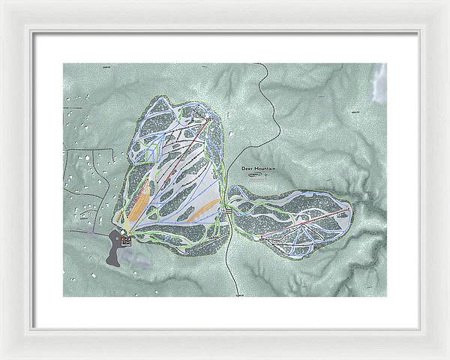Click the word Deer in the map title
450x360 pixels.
pos(248,169)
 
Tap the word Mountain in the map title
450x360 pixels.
pos(265,169)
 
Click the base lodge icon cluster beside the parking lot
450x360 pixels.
pos(126,240)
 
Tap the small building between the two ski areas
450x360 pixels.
pos(228,212)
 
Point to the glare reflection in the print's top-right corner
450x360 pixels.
pos(379,82)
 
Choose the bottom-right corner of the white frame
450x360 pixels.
pos(447,357)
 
